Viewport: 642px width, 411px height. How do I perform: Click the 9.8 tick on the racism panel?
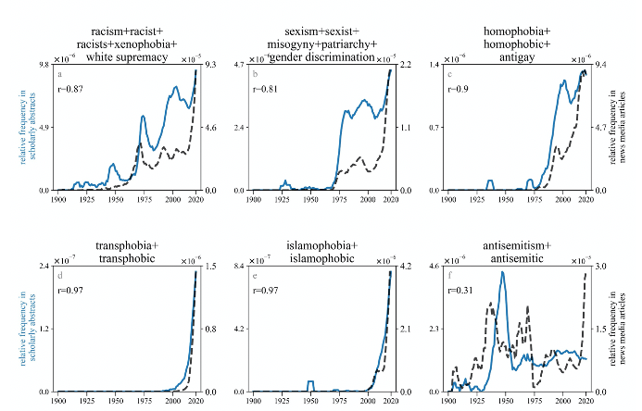tap(43, 65)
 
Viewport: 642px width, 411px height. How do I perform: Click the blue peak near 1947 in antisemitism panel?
tap(502, 272)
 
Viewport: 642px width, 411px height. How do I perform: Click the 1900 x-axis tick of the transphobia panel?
tap(58, 400)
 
